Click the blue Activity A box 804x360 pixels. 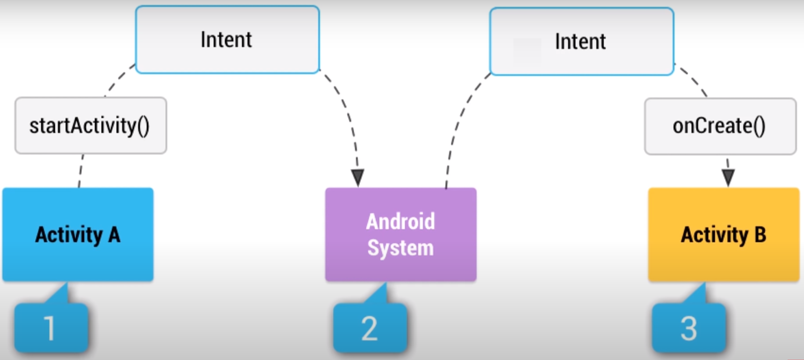[x=78, y=234]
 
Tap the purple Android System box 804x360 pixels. [x=401, y=234]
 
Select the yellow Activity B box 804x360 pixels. [x=724, y=234]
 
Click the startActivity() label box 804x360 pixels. [x=90, y=126]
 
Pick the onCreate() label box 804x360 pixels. [x=720, y=126]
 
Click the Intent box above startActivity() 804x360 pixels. [x=227, y=40]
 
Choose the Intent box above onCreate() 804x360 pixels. [x=581, y=41]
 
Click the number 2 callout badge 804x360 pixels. [x=370, y=328]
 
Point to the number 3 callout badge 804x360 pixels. [x=689, y=328]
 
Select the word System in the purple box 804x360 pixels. [x=401, y=248]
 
